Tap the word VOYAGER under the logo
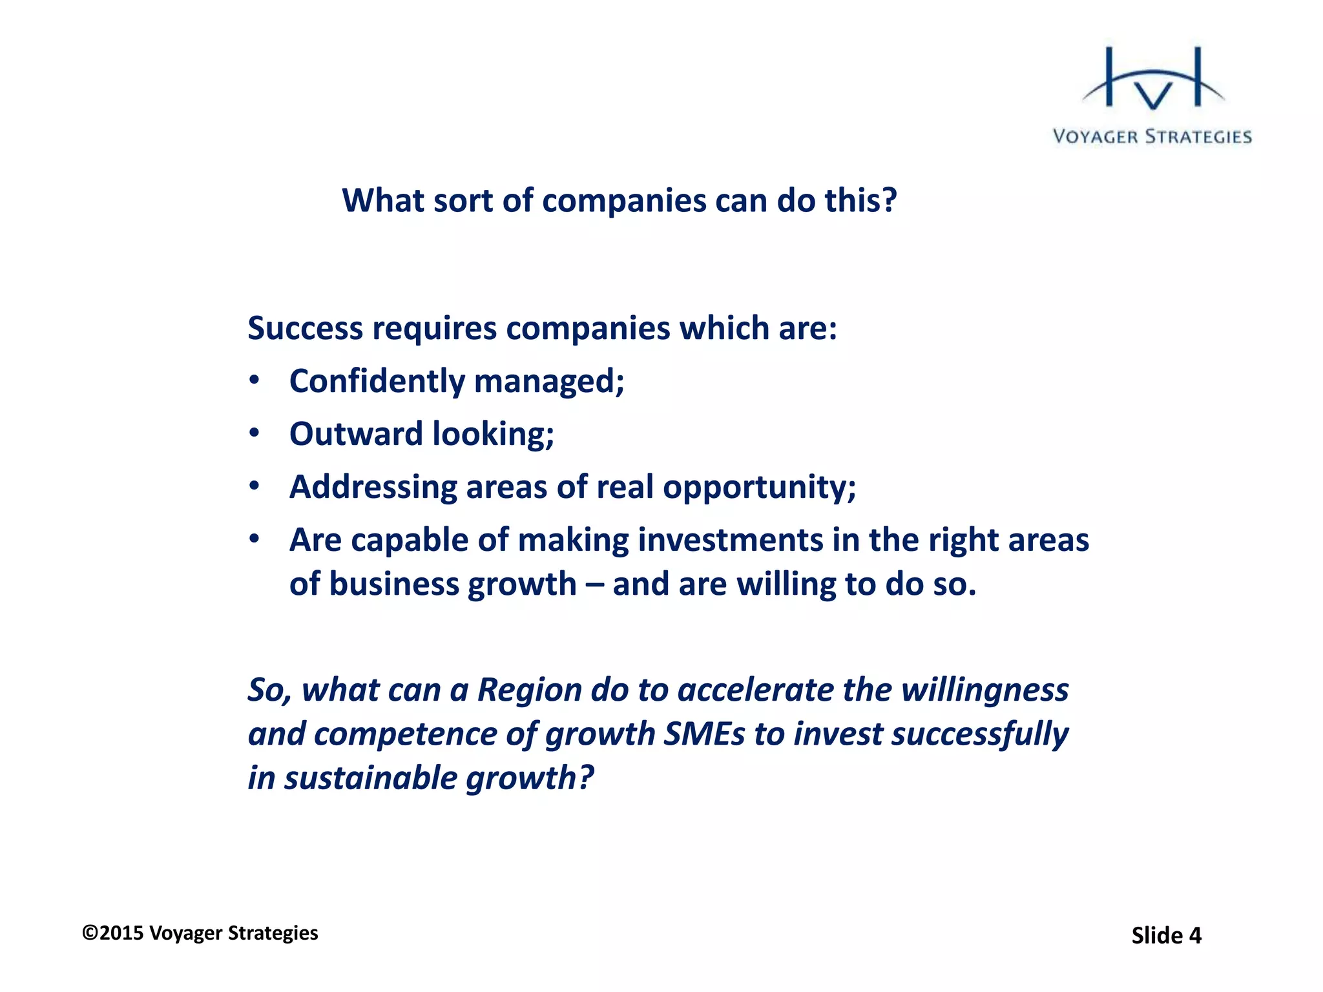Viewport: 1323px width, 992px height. click(x=1095, y=137)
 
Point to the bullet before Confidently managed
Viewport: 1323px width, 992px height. click(x=255, y=380)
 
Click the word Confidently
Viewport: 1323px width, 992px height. click(x=377, y=381)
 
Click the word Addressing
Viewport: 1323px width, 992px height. click(x=373, y=487)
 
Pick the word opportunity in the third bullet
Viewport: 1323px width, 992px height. click(x=755, y=488)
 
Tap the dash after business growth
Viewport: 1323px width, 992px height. click(x=594, y=585)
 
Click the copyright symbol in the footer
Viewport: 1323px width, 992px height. click(x=90, y=933)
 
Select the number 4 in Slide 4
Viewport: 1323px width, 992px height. click(x=1194, y=936)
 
